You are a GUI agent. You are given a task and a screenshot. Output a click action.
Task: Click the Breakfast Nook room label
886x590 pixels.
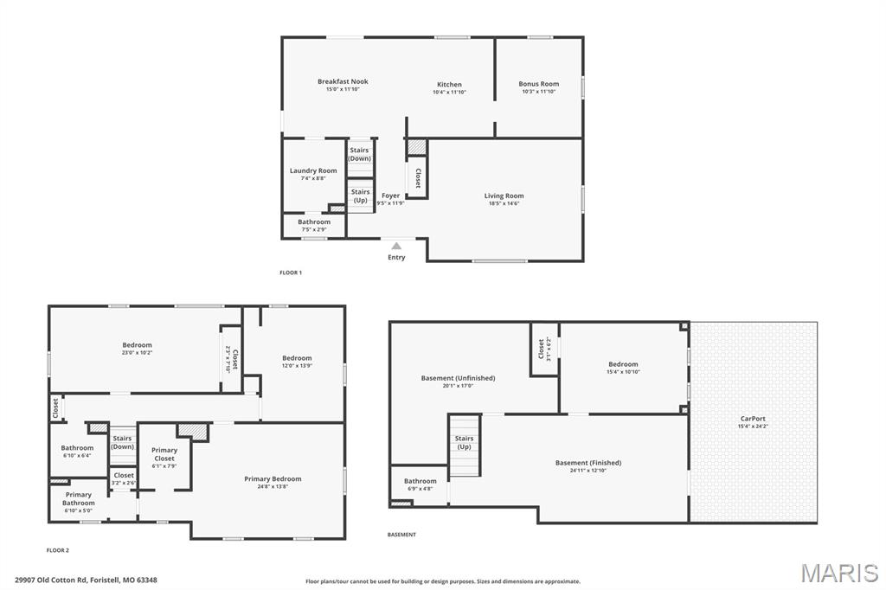pyautogui.click(x=343, y=81)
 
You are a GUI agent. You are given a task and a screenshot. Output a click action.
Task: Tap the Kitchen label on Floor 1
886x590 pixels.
pyautogui.click(x=449, y=85)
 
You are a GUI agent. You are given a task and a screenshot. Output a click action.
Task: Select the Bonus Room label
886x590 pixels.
pyautogui.click(x=538, y=84)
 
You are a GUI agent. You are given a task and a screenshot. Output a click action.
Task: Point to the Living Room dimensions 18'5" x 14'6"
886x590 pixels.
pyautogui.click(x=504, y=203)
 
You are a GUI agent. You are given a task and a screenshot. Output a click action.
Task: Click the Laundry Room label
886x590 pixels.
pyautogui.click(x=313, y=170)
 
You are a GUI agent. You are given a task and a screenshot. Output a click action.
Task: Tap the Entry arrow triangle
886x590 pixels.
pyautogui.click(x=396, y=246)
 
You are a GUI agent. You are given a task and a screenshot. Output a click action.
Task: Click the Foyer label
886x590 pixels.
pyautogui.click(x=391, y=196)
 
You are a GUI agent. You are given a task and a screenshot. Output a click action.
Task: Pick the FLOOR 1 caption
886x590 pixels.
pyautogui.click(x=291, y=273)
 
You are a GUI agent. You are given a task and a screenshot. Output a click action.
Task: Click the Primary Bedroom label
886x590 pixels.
pyautogui.click(x=273, y=478)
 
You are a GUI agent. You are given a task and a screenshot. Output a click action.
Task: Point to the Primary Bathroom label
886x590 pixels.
pyautogui.click(x=78, y=498)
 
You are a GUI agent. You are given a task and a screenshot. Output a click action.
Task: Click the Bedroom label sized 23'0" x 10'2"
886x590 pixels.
pyautogui.click(x=137, y=345)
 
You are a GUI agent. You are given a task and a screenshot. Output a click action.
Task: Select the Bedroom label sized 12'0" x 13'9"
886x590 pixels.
pyautogui.click(x=297, y=357)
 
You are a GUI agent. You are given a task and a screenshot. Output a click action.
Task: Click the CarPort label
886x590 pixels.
pyautogui.click(x=753, y=418)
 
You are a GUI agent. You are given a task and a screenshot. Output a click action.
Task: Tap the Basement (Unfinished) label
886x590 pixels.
pyautogui.click(x=458, y=378)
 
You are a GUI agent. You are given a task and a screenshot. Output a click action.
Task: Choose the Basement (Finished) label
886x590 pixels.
pyautogui.click(x=587, y=462)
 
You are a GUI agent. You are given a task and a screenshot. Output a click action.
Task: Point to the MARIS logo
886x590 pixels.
pyautogui.click(x=839, y=573)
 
